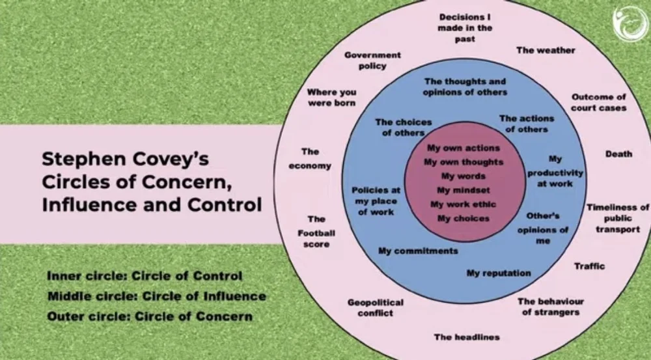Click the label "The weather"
546,50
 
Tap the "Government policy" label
372,61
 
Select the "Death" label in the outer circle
618,154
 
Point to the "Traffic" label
589,266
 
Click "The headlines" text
467,337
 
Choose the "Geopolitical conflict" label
375,307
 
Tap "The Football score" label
316,231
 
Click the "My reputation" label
499,273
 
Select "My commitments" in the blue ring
418,251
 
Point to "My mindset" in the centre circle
463,190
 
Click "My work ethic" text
463,204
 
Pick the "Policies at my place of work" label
376,201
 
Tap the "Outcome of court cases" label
598,102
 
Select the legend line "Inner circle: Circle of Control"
145,276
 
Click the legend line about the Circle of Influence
156,297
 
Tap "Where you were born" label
331,98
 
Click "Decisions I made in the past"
465,28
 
